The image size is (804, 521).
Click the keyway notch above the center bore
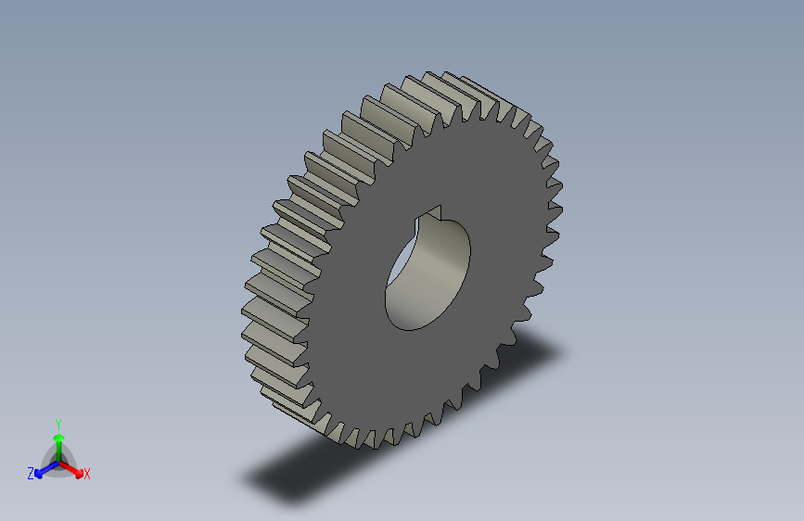click(x=434, y=212)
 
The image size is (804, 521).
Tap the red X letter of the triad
click(x=87, y=474)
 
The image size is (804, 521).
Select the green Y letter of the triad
click(x=57, y=422)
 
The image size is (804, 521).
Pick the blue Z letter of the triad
click(x=31, y=473)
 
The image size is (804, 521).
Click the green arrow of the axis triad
click(x=58, y=441)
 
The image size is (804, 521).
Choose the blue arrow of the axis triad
click(x=43, y=468)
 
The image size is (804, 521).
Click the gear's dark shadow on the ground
click(x=306, y=473)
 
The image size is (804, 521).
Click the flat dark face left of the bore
click(x=352, y=278)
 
